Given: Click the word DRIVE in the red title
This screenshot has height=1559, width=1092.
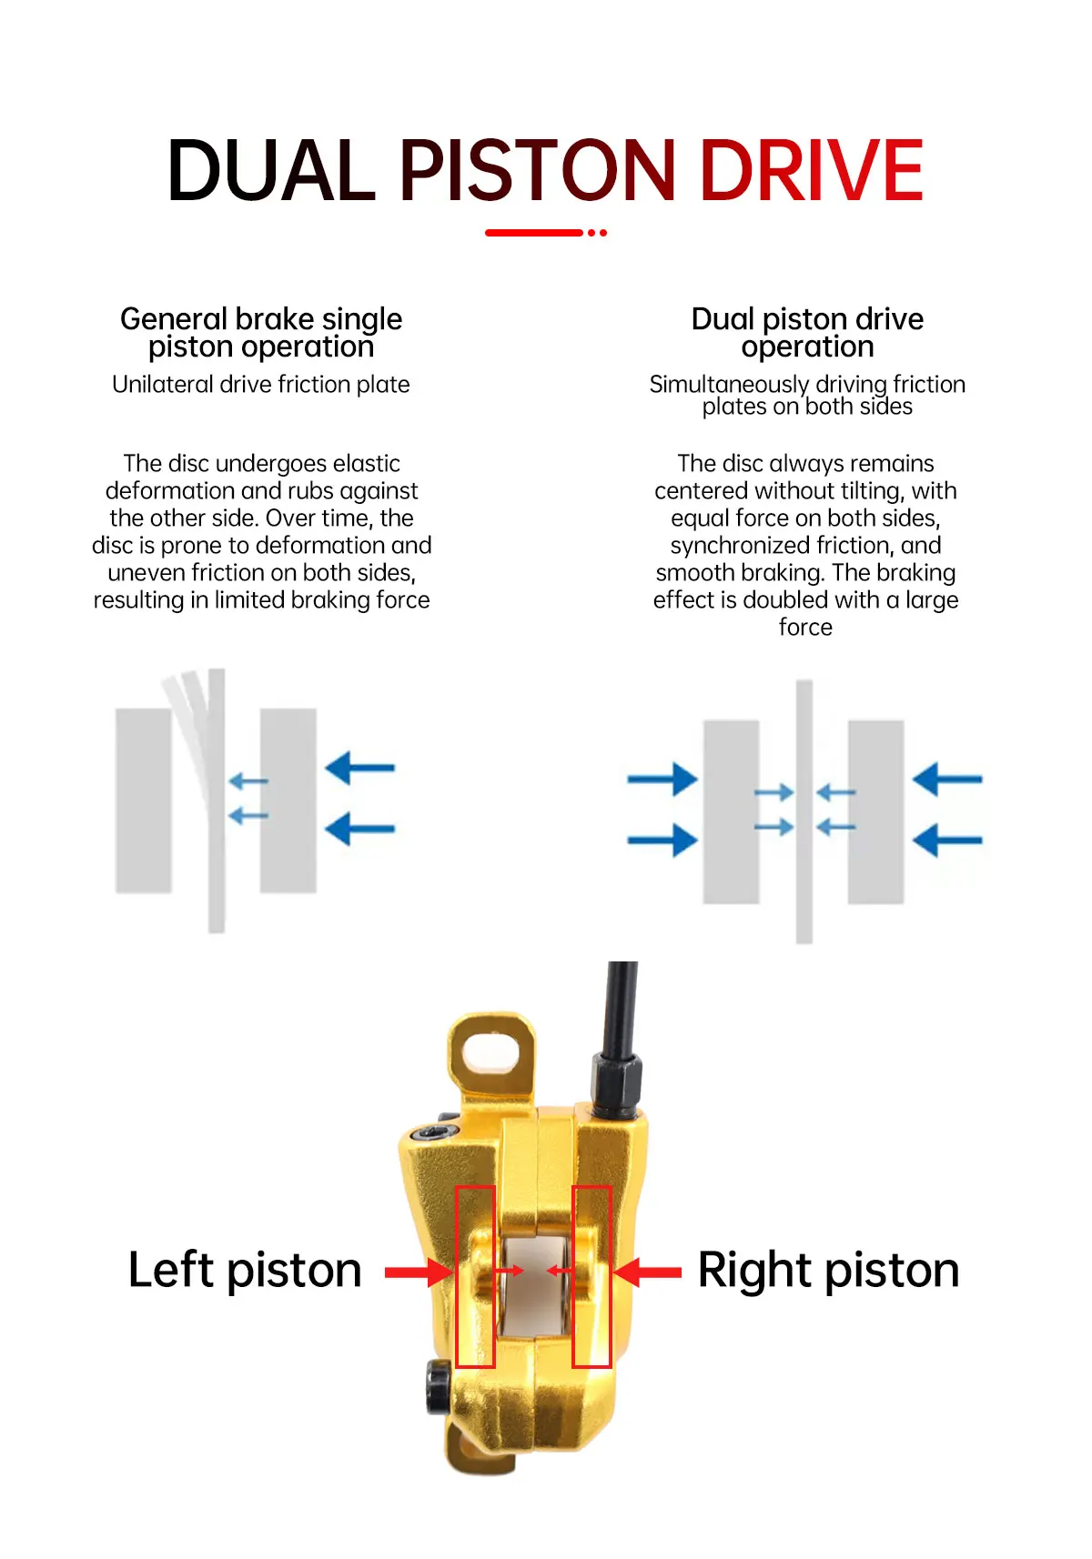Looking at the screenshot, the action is [812, 170].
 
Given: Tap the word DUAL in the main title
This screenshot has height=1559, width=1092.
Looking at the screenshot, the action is [271, 170].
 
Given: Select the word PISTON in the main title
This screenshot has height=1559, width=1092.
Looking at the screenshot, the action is [537, 170].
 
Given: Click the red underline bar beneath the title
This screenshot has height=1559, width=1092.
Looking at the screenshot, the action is [534, 233].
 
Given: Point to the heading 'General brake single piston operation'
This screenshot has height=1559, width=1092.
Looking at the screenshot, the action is [261, 333].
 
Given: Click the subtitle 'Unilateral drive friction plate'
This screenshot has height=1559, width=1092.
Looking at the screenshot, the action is [261, 384].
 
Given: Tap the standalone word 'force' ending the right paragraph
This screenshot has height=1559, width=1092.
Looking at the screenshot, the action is [805, 627].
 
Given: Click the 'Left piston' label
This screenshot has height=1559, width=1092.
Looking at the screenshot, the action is [245, 1271].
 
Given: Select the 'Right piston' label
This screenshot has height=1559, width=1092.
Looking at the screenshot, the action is [829, 1271].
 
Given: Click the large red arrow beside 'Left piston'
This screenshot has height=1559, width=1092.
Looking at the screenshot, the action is [418, 1272].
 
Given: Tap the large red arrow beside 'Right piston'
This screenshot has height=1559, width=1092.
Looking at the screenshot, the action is [648, 1272].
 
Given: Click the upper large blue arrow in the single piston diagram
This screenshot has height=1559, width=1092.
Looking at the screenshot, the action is [360, 768].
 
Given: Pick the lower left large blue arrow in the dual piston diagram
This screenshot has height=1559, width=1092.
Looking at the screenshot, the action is [662, 840].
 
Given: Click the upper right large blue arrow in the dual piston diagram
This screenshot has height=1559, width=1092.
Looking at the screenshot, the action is [947, 779].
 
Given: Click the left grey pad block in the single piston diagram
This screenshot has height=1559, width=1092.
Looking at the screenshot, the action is [144, 800].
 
